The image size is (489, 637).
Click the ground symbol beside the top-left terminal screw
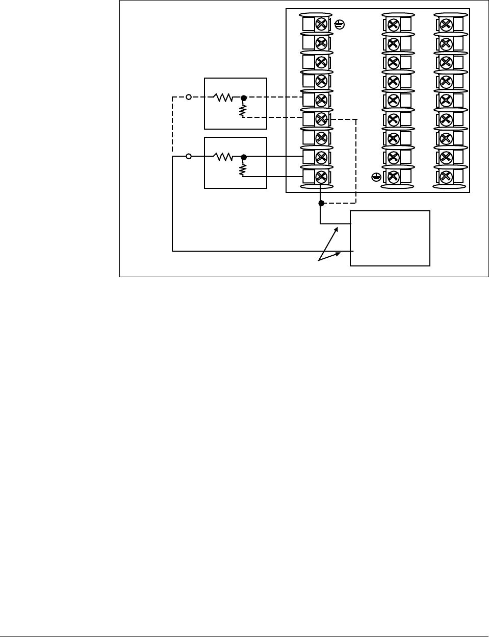click(x=339, y=24)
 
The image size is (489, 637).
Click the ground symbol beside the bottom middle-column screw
click(x=376, y=177)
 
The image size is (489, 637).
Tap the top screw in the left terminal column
click(x=321, y=24)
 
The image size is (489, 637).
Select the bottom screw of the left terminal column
click(x=321, y=177)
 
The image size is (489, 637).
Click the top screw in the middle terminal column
click(x=393, y=24)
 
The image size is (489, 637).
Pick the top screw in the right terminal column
click(x=446, y=24)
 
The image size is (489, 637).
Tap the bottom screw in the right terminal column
click(x=446, y=177)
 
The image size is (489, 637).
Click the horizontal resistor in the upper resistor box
click(x=223, y=97)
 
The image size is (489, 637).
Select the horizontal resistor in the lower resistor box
click(x=223, y=157)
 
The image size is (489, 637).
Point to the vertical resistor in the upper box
click(x=243, y=109)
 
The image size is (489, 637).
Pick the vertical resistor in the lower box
click(x=243, y=169)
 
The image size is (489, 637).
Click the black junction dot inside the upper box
click(x=244, y=97)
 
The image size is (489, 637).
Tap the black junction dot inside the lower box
click(x=244, y=157)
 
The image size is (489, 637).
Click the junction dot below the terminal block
click(x=321, y=203)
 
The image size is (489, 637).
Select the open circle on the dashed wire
click(x=189, y=97)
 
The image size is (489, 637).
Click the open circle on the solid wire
click(x=189, y=157)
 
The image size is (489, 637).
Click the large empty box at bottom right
click(x=390, y=238)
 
